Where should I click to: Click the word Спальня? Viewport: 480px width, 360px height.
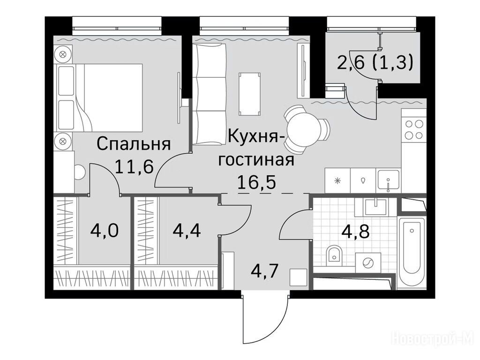click(134, 144)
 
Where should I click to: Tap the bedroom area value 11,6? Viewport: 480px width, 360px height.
click(134, 167)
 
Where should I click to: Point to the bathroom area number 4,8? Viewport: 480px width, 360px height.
click(356, 232)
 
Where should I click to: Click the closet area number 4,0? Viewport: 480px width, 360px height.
click(105, 231)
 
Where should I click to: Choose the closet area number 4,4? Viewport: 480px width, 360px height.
click(187, 231)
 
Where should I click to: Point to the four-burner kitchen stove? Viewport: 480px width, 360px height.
click(414, 129)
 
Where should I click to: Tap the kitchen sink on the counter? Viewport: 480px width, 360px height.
click(388, 180)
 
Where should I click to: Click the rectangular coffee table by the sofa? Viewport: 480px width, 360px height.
click(250, 94)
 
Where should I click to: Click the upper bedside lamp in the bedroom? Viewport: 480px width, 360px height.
click(63, 54)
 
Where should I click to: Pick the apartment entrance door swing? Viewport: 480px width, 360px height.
click(265, 318)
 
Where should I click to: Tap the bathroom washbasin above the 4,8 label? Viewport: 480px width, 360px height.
click(375, 206)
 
